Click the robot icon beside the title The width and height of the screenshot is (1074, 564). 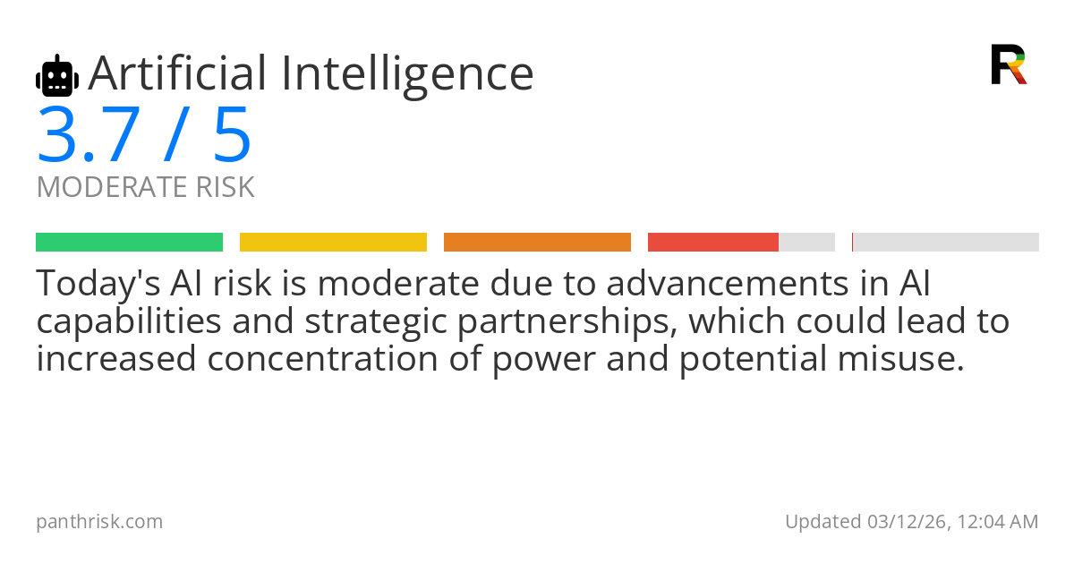[x=57, y=76]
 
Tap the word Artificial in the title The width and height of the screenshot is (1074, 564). [x=177, y=73]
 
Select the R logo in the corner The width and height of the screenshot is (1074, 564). [x=1009, y=64]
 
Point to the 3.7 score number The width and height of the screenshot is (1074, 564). [x=89, y=135]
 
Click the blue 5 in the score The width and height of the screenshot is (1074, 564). [x=232, y=135]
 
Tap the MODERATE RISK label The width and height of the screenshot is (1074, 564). [x=145, y=187]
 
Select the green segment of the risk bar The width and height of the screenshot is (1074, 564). [x=130, y=243]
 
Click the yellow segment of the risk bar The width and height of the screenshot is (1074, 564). [x=333, y=243]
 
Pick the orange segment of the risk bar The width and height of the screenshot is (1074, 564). [x=537, y=243]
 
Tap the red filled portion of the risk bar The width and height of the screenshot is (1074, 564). [x=713, y=243]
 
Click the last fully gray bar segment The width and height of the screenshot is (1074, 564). [x=945, y=243]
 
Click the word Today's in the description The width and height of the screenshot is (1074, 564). [x=98, y=284]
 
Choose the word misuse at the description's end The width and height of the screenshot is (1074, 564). [x=901, y=358]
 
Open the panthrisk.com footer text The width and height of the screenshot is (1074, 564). [x=99, y=522]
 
